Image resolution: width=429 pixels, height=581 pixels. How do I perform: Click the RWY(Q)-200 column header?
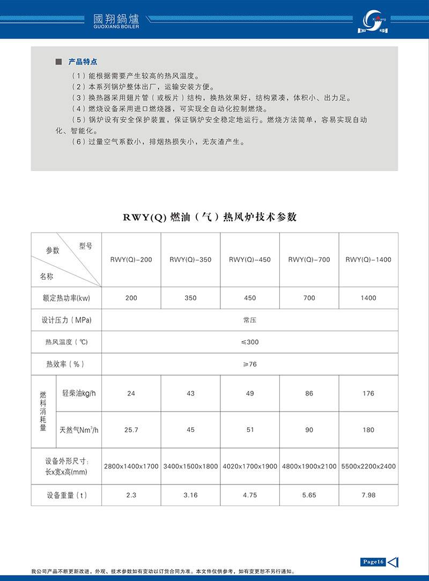point(131,260)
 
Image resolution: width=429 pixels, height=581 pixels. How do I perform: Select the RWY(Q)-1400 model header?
point(368,260)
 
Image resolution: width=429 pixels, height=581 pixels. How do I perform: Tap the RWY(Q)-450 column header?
point(250,260)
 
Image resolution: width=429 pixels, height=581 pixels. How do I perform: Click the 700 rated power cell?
point(309,298)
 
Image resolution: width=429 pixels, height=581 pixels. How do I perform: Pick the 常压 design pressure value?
point(250,320)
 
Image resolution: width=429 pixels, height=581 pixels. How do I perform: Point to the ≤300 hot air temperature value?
point(250,342)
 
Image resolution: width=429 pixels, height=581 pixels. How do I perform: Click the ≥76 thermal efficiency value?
point(250,364)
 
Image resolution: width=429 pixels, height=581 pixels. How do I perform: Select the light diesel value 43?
point(190,393)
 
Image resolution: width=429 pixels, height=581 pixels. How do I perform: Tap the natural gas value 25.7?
point(131,430)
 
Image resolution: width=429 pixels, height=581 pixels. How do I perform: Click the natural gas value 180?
point(368,430)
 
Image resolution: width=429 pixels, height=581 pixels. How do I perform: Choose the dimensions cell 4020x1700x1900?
point(250,466)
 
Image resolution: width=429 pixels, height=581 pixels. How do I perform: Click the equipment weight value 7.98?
point(368,495)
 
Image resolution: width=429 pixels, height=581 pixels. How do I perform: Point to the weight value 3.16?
point(190,495)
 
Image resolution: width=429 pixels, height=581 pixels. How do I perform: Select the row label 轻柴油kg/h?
point(79,393)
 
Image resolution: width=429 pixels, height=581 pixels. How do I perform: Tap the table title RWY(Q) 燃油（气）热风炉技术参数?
point(210,217)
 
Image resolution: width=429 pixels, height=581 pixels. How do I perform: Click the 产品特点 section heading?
point(83,62)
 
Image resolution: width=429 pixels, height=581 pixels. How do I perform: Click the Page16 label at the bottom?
point(373,562)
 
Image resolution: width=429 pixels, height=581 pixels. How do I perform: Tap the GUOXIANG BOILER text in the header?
point(116,26)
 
